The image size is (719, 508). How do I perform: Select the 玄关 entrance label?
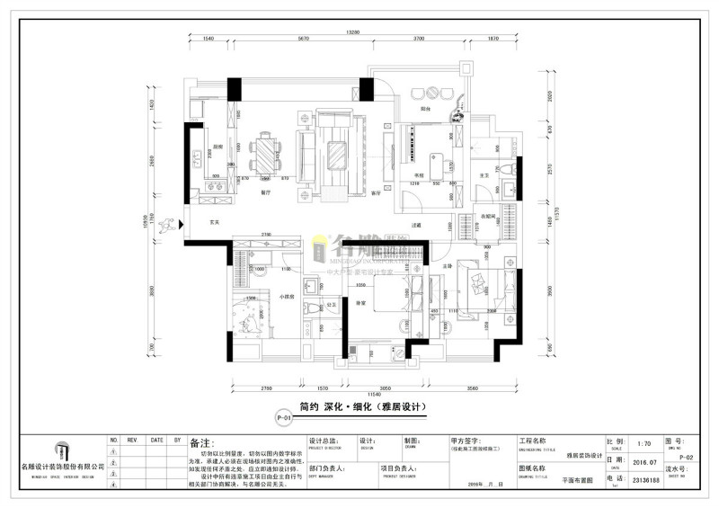tap(216, 221)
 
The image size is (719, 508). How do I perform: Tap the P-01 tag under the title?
tap(282, 418)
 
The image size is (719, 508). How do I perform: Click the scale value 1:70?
tap(643, 443)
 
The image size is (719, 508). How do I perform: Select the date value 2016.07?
tap(643, 462)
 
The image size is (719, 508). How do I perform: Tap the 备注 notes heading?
tap(201, 443)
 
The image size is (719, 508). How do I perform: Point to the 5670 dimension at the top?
tap(303, 40)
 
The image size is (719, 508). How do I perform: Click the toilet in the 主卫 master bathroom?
tap(508, 173)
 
